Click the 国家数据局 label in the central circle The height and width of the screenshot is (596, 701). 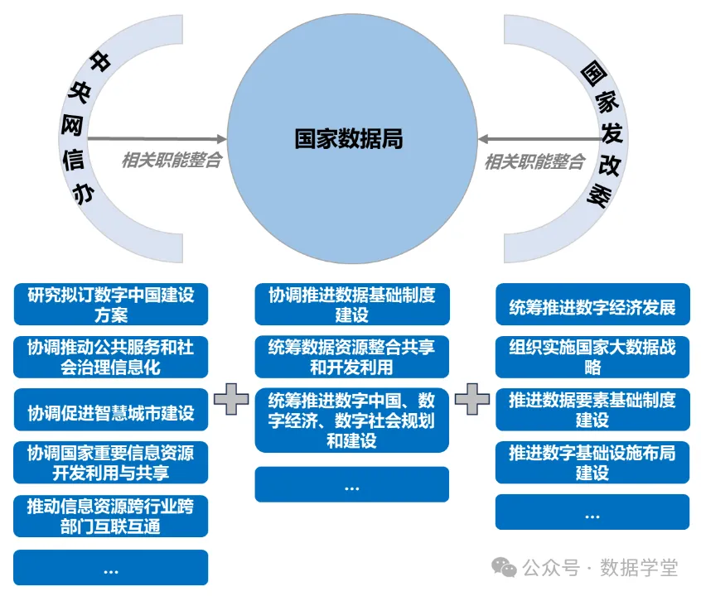coord(349,138)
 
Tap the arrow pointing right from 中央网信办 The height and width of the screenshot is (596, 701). coord(157,139)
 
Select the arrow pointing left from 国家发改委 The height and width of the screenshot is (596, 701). coord(540,139)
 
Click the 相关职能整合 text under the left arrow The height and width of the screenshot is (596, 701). coord(172,160)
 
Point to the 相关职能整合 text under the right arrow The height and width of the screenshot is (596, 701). coord(534,161)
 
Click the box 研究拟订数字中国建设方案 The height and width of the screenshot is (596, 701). coord(111,305)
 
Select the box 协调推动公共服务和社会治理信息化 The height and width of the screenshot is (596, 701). coord(111,357)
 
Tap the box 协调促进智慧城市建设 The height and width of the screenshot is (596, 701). coord(111,410)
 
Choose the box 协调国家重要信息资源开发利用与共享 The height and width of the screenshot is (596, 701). coord(111,463)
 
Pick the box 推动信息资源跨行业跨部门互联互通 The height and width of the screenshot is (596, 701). coord(111,516)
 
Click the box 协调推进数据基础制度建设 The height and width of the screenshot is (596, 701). coord(352,305)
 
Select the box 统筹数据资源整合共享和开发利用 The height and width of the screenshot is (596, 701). coord(352,357)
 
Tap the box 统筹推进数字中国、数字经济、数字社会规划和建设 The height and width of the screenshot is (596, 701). coord(352,421)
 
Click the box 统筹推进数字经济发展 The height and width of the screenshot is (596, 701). coord(592,305)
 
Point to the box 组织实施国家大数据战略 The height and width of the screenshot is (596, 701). coord(592,357)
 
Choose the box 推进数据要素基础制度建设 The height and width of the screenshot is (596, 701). coord(592,410)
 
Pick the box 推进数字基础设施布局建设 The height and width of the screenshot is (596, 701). coord(592,463)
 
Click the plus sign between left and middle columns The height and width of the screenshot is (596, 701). coord(231,399)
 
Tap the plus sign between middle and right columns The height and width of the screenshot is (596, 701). coord(472,399)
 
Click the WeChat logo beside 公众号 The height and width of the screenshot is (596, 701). coord(504,567)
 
